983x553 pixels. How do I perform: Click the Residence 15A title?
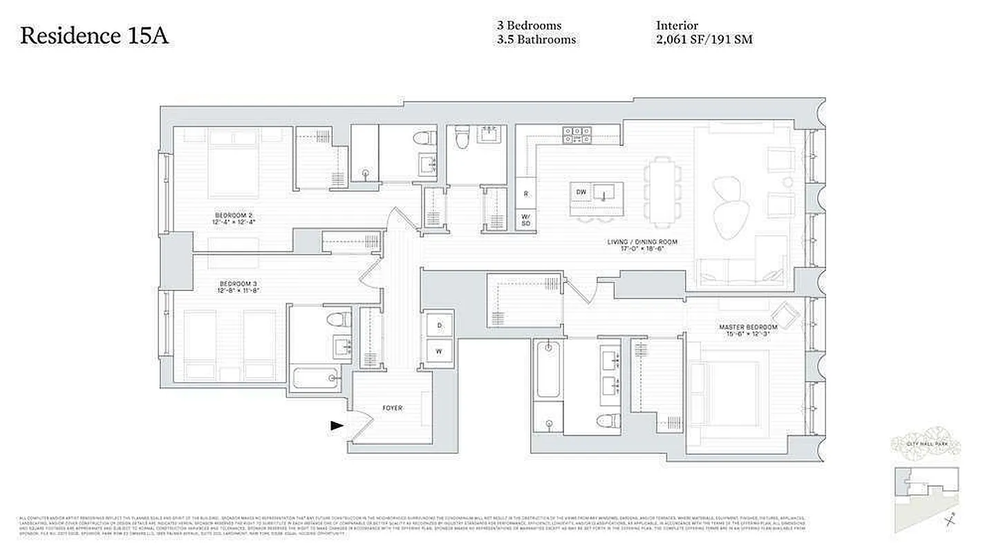point(94,36)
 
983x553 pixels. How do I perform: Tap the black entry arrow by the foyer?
point(337,426)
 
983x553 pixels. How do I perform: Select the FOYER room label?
point(393,408)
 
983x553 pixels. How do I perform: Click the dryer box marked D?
point(439,325)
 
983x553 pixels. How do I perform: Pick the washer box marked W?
point(439,350)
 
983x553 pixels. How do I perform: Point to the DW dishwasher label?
point(581,191)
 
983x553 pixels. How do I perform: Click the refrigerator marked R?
point(525,194)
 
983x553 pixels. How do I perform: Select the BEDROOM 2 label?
point(234,218)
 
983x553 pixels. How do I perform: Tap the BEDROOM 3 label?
point(238,287)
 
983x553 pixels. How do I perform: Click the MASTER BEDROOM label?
point(748,330)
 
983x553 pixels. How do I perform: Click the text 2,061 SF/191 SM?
point(704,39)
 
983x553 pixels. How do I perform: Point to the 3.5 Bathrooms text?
point(536,39)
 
